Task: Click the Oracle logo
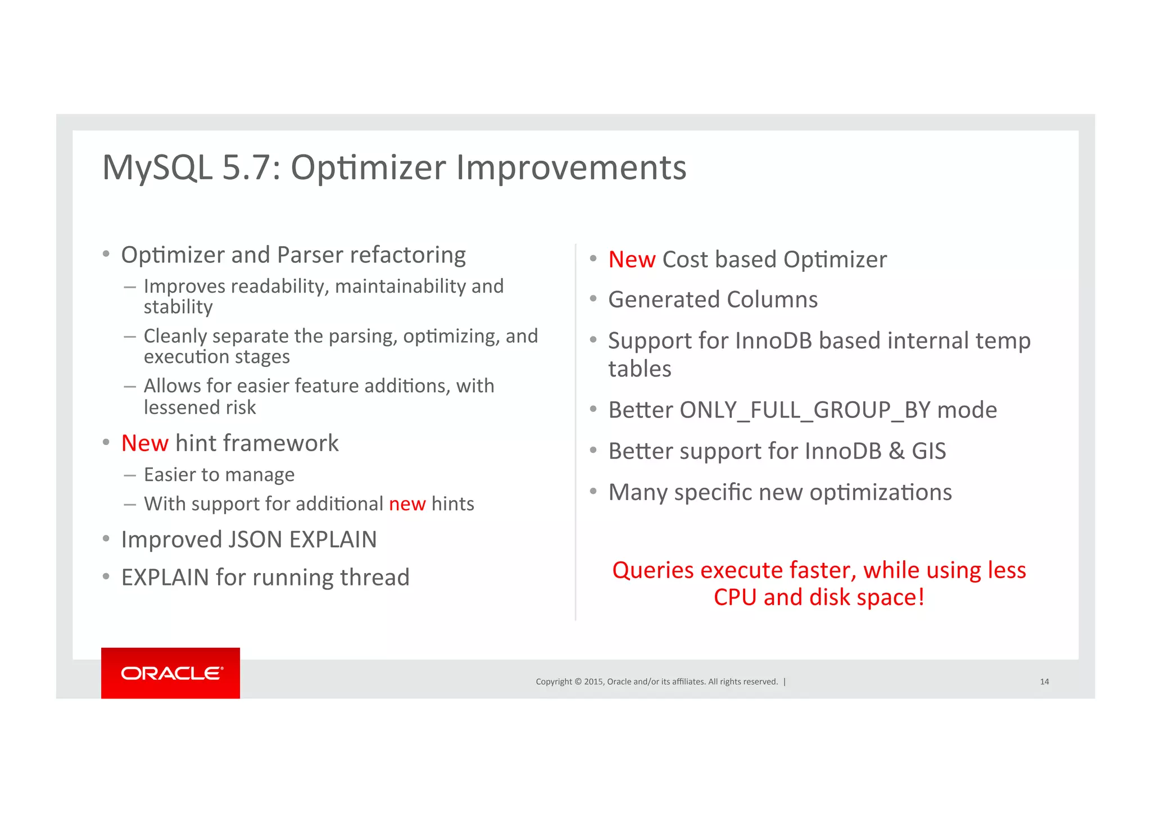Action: [171, 673]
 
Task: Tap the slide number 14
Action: [1044, 682]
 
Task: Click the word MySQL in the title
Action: [157, 167]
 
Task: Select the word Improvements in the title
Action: [571, 167]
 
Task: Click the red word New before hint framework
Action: [144, 443]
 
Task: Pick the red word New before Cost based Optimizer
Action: [632, 260]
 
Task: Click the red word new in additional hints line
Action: [407, 504]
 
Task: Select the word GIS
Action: [928, 451]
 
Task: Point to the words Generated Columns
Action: [713, 299]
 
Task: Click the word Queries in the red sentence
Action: [652, 570]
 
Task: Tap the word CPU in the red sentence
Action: [735, 597]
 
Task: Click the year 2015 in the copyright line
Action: [593, 682]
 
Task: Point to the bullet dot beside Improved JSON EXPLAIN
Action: [106, 539]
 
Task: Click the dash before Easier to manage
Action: [130, 475]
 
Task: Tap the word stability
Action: [178, 307]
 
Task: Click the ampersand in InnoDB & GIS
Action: [896, 451]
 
